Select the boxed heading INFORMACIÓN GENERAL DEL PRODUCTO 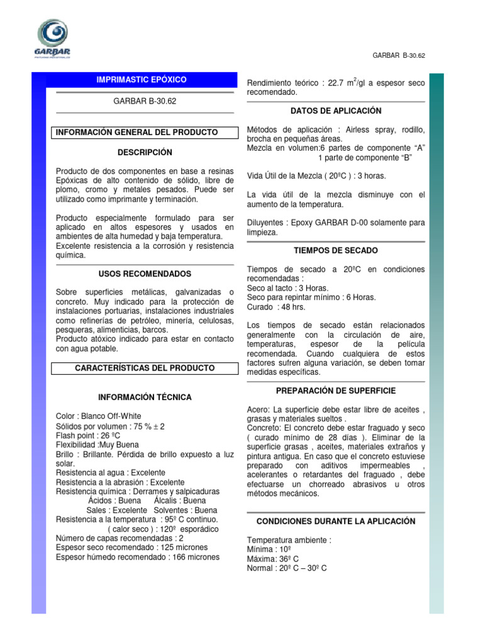[136, 132]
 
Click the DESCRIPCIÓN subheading [145, 153]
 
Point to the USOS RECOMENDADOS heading [145, 274]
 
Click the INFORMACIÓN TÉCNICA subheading [145, 397]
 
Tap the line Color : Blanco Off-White [99, 416]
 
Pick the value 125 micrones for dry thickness [191, 548]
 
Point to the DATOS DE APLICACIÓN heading [336, 111]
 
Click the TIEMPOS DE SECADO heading [336, 251]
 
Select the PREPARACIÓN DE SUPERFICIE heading [336, 391]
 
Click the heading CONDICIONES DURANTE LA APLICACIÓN [336, 521]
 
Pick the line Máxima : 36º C [273, 559]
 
